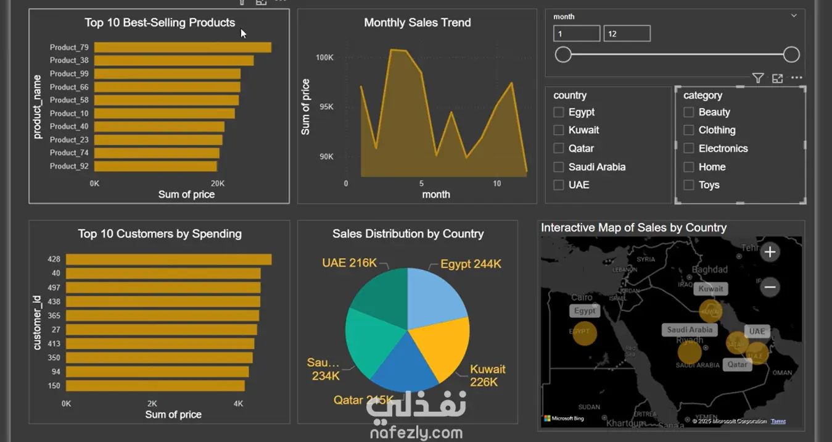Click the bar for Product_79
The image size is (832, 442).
[x=183, y=48]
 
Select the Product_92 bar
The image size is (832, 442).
[x=155, y=166]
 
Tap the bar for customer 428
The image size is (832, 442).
[x=168, y=259]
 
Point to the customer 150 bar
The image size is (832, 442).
[x=155, y=386]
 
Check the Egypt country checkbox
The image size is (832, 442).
[x=559, y=112]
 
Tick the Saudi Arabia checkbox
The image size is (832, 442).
[x=559, y=167]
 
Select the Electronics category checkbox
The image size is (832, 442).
[x=689, y=148]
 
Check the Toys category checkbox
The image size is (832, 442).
[x=689, y=185]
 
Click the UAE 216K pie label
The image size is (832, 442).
[x=349, y=263]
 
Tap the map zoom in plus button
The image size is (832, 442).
[x=770, y=252]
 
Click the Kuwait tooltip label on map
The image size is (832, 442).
[x=710, y=288]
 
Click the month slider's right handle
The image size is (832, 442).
[x=791, y=55]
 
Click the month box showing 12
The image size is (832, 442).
[x=627, y=34]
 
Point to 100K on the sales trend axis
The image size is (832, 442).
[x=324, y=57]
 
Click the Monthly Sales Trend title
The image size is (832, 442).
[x=417, y=23]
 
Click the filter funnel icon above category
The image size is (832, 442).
[x=758, y=78]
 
